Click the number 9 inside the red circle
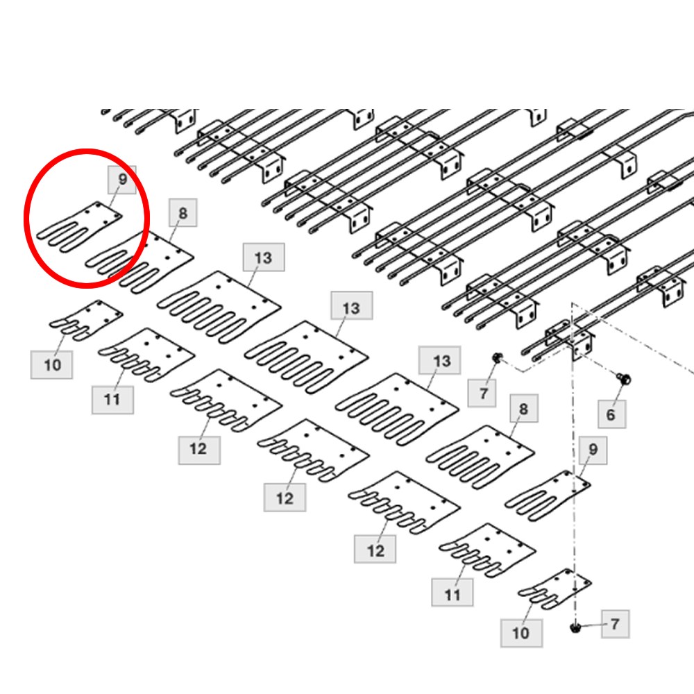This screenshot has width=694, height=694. click(x=123, y=179)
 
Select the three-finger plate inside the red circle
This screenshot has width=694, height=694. click(x=80, y=227)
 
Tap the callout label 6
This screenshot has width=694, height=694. click(x=611, y=415)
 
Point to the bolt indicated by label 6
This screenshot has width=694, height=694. click(x=624, y=378)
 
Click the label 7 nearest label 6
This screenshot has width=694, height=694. click(x=482, y=393)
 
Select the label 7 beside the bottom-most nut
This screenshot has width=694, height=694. click(x=615, y=624)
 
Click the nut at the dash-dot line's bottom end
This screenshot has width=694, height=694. click(x=575, y=627)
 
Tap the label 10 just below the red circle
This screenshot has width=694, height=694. click(x=52, y=365)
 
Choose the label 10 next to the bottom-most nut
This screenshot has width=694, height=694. click(x=521, y=634)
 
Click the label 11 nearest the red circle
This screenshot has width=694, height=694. click(x=112, y=400)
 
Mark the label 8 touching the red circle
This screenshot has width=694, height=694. click(x=183, y=213)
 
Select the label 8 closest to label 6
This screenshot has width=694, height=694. click(x=523, y=409)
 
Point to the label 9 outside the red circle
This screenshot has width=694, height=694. click(x=593, y=450)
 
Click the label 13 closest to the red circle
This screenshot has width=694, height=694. click(x=263, y=257)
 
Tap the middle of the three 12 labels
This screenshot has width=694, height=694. click(x=285, y=498)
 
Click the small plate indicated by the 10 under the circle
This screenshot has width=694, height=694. click(x=86, y=321)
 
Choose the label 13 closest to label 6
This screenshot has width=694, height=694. click(x=440, y=361)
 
